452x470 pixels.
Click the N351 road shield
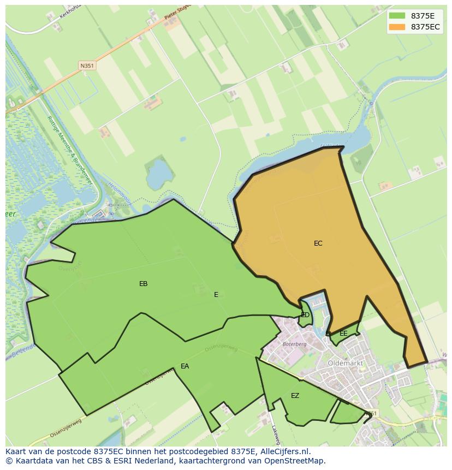[87, 66]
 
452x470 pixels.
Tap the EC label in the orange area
[318, 243]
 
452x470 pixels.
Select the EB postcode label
[144, 284]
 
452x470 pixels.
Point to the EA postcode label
[185, 366]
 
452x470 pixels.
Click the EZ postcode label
[295, 396]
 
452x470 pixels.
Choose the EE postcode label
[343, 334]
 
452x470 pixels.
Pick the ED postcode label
[305, 315]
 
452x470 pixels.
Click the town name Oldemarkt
[346, 362]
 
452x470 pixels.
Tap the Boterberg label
[295, 344]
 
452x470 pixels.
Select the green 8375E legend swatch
[397, 16]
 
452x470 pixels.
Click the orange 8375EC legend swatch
[397, 27]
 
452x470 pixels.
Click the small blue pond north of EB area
[159, 173]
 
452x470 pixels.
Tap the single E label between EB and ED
[216, 295]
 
